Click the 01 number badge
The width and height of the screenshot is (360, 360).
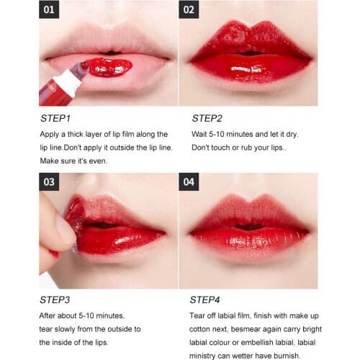pyautogui.click(x=48, y=11)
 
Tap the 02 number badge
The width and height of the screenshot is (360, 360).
pyautogui.click(x=189, y=11)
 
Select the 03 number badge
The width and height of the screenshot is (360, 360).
pyautogui.click(x=48, y=182)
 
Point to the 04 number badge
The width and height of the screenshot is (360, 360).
pyautogui.click(x=189, y=182)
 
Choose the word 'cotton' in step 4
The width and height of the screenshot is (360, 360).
pyautogui.click(x=204, y=329)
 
